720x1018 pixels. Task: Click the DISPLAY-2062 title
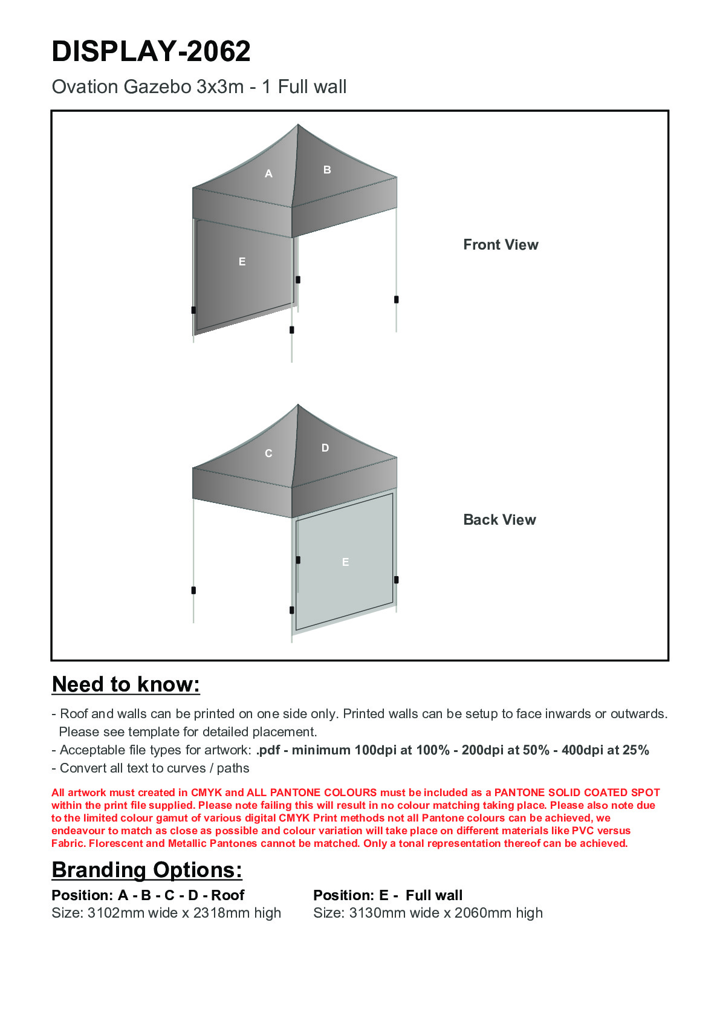(x=151, y=51)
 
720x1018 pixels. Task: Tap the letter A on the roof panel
(x=269, y=174)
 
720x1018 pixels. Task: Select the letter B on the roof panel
(x=327, y=170)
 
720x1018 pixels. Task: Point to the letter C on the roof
(x=269, y=453)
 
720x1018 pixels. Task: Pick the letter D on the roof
(x=325, y=448)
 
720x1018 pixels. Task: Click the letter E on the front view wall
(x=242, y=262)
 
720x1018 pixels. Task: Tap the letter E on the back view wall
(x=346, y=562)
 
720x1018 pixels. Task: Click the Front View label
(x=501, y=245)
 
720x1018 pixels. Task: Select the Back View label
(x=499, y=520)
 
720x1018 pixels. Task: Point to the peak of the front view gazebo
(x=298, y=125)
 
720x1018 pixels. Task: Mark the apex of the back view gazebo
(x=298, y=405)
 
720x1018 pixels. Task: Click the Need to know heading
(x=126, y=684)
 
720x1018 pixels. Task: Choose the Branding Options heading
(x=147, y=870)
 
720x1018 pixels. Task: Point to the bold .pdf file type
(x=268, y=750)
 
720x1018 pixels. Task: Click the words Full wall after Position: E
(x=434, y=895)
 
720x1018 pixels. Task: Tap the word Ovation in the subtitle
(x=85, y=87)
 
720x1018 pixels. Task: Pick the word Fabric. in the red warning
(x=68, y=843)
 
